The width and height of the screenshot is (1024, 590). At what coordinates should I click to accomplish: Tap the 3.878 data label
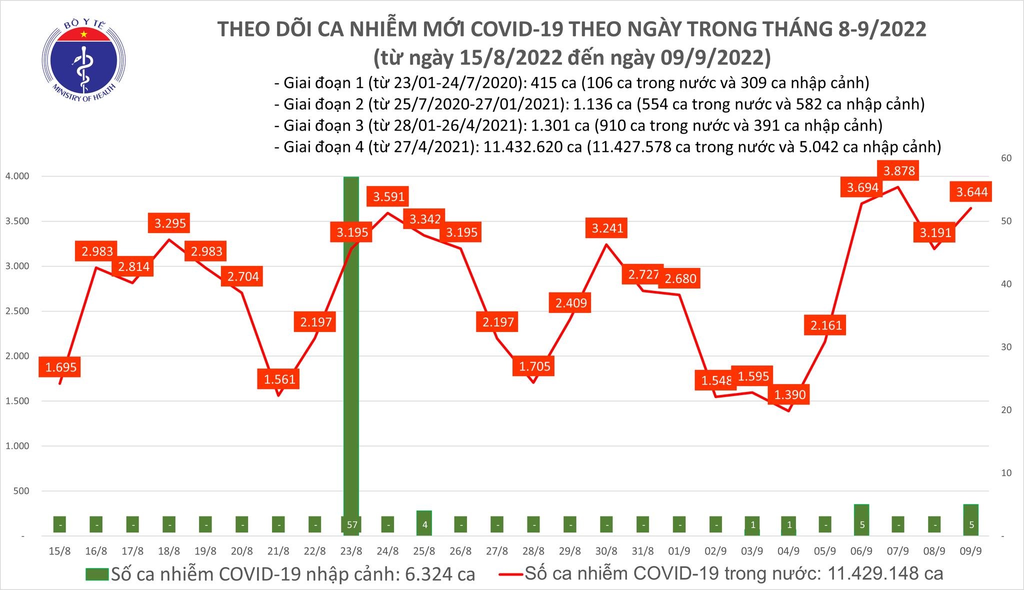click(899, 171)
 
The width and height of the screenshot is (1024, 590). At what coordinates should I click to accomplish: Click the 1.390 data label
click(790, 395)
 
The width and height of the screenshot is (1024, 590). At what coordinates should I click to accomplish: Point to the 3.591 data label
click(388, 196)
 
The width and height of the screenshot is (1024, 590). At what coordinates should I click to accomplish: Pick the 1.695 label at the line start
click(60, 367)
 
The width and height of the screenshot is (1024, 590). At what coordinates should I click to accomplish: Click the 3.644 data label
click(972, 192)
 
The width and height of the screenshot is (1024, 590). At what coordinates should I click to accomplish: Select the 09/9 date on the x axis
click(970, 551)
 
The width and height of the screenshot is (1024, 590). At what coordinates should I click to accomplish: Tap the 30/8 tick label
click(606, 551)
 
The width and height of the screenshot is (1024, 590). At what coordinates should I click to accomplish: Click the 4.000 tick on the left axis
click(17, 176)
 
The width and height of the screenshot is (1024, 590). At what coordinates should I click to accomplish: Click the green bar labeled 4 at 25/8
click(423, 523)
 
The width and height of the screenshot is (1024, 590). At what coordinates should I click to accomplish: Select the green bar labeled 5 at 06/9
click(861, 520)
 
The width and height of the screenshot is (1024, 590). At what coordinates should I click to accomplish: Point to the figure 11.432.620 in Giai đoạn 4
click(531, 146)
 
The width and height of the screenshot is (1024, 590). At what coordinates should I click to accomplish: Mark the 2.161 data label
click(826, 325)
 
